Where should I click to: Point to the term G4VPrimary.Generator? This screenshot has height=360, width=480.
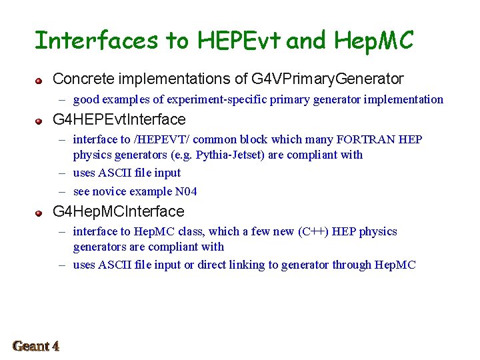coord(327,79)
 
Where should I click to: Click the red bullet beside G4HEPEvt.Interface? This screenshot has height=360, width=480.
coord(40,122)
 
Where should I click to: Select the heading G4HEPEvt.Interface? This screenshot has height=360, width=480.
coord(119,121)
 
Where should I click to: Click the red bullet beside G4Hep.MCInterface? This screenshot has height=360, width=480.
coord(40,213)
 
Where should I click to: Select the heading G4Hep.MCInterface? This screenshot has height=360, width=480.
coord(118,212)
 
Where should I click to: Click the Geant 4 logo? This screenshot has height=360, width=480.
coord(36,346)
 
